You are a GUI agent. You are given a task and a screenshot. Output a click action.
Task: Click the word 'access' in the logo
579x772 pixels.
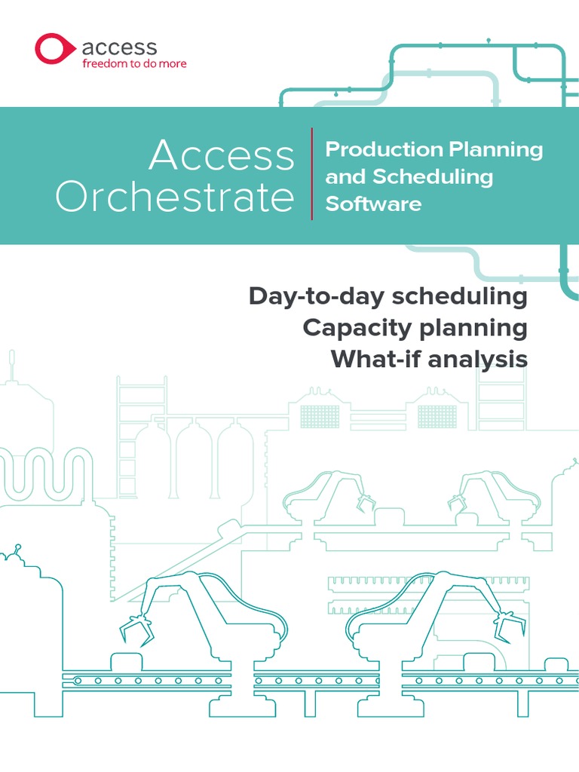coord(119,48)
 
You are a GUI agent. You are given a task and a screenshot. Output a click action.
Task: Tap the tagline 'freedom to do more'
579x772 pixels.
coord(133,64)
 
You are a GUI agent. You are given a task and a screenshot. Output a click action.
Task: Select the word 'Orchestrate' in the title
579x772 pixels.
coord(174,198)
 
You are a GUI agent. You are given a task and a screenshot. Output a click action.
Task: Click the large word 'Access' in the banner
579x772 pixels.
coord(222,156)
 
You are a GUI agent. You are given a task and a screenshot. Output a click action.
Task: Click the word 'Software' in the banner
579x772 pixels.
coord(373,204)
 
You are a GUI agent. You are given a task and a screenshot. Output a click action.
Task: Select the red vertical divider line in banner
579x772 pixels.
coord(311,174)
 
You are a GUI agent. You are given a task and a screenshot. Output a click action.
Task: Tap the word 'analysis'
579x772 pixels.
coord(478,360)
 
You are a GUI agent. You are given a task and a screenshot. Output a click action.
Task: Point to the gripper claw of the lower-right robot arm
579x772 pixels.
coord(504,625)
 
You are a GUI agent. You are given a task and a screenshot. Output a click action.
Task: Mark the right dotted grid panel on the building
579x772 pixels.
coord(437,416)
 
